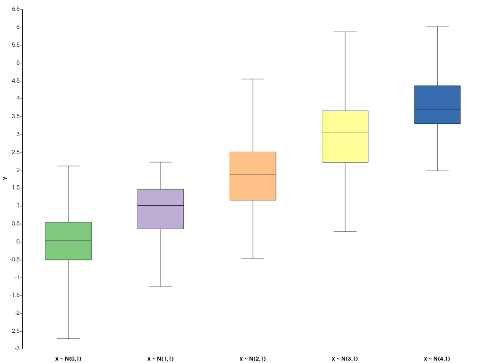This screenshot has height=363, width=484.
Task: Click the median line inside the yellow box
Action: point(345,132)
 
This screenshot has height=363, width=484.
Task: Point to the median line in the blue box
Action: point(437,109)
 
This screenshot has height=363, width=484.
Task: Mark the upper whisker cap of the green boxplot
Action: point(68,166)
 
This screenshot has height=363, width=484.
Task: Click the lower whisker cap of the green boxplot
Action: point(68,338)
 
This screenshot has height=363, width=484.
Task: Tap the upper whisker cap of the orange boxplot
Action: point(253,79)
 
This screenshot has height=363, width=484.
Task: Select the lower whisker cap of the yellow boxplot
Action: point(345,231)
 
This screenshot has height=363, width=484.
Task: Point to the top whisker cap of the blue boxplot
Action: point(437,26)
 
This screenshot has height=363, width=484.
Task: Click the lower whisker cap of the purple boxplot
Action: point(161,286)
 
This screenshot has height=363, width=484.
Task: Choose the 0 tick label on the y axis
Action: point(18,242)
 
